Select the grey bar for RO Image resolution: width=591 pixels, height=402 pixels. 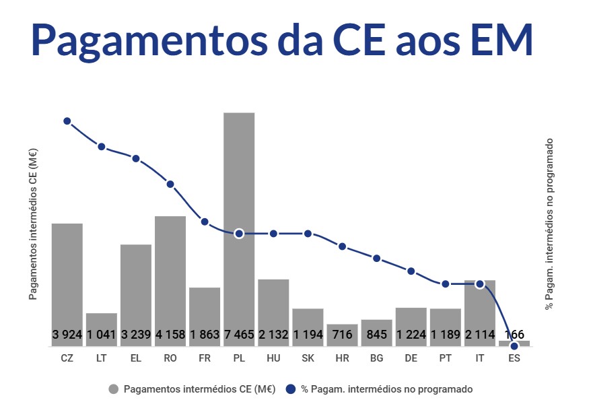pos(170,269)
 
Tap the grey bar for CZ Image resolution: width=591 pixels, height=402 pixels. pos(67,276)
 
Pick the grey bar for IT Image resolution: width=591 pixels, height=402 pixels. pos(479,306)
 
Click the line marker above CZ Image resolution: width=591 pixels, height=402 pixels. pos(67,121)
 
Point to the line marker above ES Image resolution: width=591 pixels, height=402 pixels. pos(514,346)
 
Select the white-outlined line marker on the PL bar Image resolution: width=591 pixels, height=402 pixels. pos(239,234)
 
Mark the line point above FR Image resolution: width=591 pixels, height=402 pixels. pos(205,222)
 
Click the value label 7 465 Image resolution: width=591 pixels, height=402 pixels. pos(239,335)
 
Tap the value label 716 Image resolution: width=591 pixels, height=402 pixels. pos(342,335)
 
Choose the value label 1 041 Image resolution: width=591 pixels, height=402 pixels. pos(102,335)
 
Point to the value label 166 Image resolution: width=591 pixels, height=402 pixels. pos(514,335)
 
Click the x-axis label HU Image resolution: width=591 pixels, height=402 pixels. pos(273,358)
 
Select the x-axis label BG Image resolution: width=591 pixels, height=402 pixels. pos(376,358)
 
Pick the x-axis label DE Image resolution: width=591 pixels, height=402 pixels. pos(411,358)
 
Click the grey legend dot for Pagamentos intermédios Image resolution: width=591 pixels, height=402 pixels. pos(114,389)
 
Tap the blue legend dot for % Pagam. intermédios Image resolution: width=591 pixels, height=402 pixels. pos(291,389)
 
